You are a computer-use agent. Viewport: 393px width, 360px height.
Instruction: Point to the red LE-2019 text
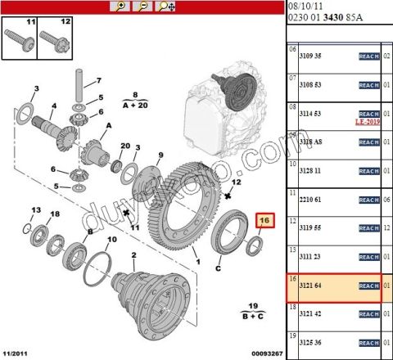click(368, 121)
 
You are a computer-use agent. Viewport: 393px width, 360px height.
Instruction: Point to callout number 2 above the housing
click(133, 255)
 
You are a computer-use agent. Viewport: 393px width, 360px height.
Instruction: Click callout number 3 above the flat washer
click(36, 88)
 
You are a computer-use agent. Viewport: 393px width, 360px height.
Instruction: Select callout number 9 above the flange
click(160, 155)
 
